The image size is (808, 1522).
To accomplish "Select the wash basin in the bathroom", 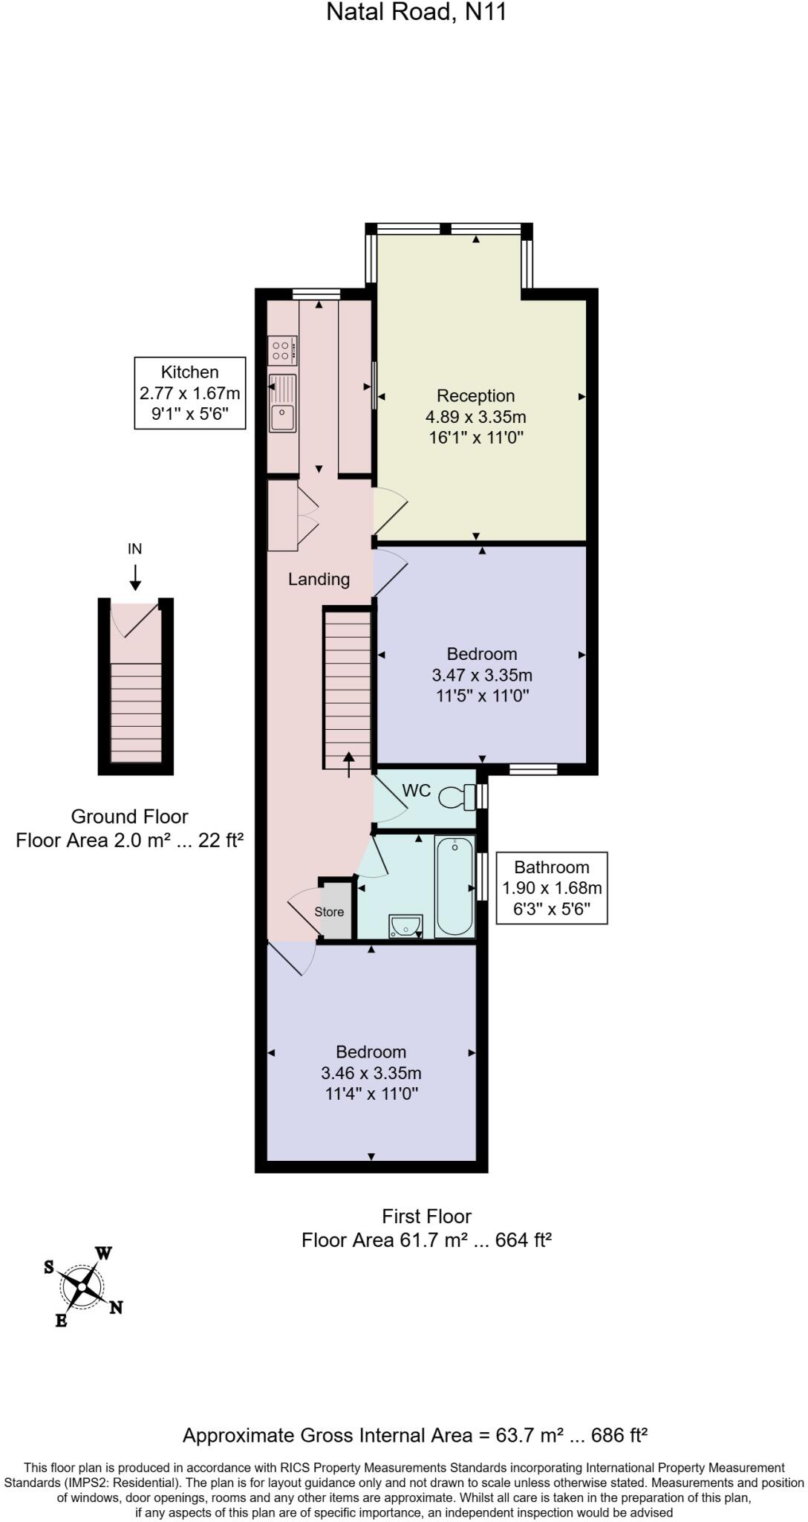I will pos(405,926).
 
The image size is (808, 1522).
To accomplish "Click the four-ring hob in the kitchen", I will pos(282,350).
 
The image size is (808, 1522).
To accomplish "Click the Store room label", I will pos(329,912).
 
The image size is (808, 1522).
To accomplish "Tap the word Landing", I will pos(319,579).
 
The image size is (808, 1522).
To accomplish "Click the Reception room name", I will pos(475,395).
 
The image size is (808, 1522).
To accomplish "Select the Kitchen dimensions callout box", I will pos(189,393).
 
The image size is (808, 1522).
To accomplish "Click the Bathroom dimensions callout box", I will pos(551,887).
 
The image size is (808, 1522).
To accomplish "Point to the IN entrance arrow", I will pos(135,577).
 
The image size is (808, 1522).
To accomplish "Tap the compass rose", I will pos(82,1286).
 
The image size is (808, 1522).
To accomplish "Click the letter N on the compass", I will pos(116,1307).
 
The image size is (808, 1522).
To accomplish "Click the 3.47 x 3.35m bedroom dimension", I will pos(481,675).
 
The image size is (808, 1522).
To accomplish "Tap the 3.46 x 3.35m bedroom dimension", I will pos(371,1072).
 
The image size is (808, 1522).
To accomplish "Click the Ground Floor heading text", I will pos(129,816).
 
